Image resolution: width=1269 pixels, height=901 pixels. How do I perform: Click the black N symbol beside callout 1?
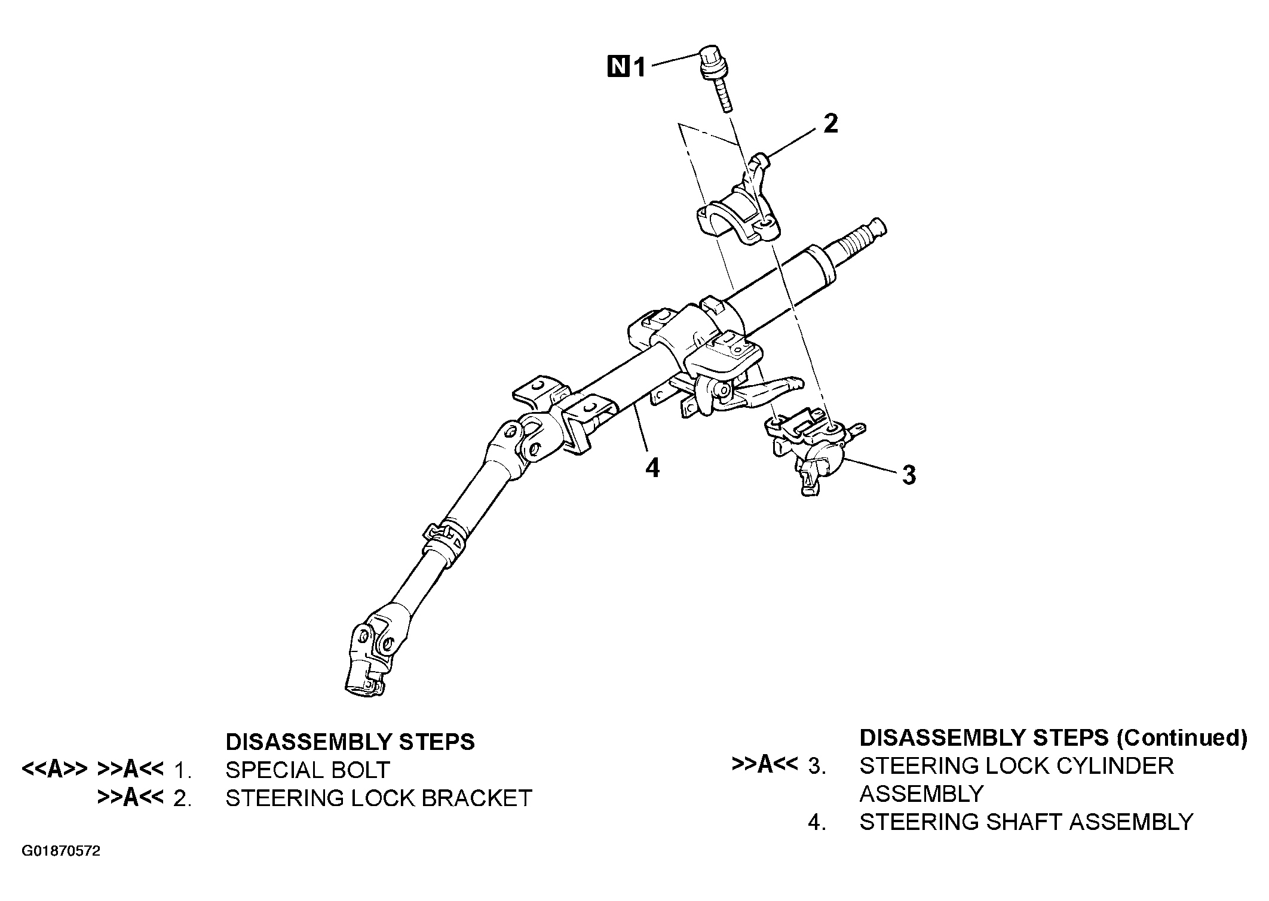[618, 66]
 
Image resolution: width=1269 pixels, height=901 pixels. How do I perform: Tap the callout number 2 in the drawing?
[830, 124]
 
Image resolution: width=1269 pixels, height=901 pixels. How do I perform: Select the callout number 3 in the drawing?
[908, 475]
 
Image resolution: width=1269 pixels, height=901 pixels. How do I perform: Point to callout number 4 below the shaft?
[652, 468]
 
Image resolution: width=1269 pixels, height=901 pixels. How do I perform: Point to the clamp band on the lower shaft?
[445, 537]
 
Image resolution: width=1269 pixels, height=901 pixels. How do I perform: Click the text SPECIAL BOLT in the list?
[307, 770]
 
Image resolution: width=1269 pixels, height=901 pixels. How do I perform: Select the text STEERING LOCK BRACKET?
[378, 798]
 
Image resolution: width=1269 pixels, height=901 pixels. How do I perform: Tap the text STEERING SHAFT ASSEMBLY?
[1026, 822]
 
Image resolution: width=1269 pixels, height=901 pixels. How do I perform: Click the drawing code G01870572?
[62, 851]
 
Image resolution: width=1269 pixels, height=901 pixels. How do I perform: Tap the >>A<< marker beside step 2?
[130, 798]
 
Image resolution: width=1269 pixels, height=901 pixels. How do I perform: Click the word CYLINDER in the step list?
[1115, 765]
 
